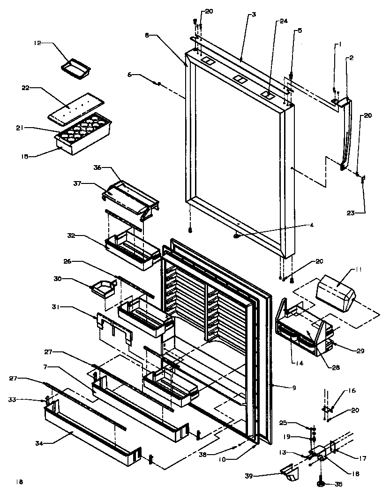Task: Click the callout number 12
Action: pos(37,43)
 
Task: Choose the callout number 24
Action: pos(284,21)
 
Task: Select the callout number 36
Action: pos(97,167)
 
